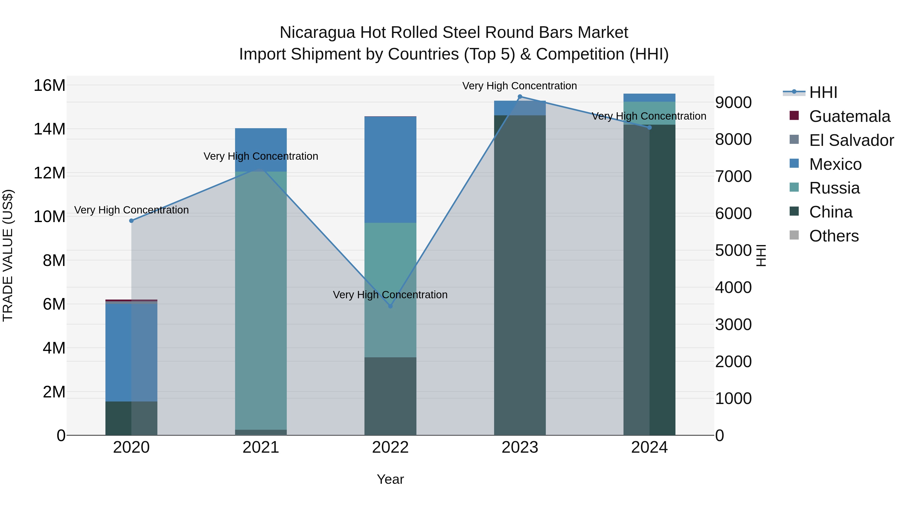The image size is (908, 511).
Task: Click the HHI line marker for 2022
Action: coord(390,306)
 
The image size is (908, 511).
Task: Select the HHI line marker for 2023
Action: coord(520,97)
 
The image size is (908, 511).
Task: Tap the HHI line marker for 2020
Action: coord(131,221)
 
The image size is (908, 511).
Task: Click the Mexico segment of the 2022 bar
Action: coord(390,170)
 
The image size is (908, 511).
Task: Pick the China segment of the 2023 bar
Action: coord(520,275)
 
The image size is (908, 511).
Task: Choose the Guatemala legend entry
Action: coord(849,116)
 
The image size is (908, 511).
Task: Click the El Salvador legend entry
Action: coord(851,140)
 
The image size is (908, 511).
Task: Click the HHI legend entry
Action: coord(823,92)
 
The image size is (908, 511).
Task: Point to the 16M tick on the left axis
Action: coord(49,85)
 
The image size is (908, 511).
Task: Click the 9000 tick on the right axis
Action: coord(733,103)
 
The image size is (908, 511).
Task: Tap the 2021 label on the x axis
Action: coord(261,447)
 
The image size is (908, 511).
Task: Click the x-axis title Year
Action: coord(390,479)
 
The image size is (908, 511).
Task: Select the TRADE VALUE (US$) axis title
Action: coord(8,255)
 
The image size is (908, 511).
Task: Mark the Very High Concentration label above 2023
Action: coord(520,86)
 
